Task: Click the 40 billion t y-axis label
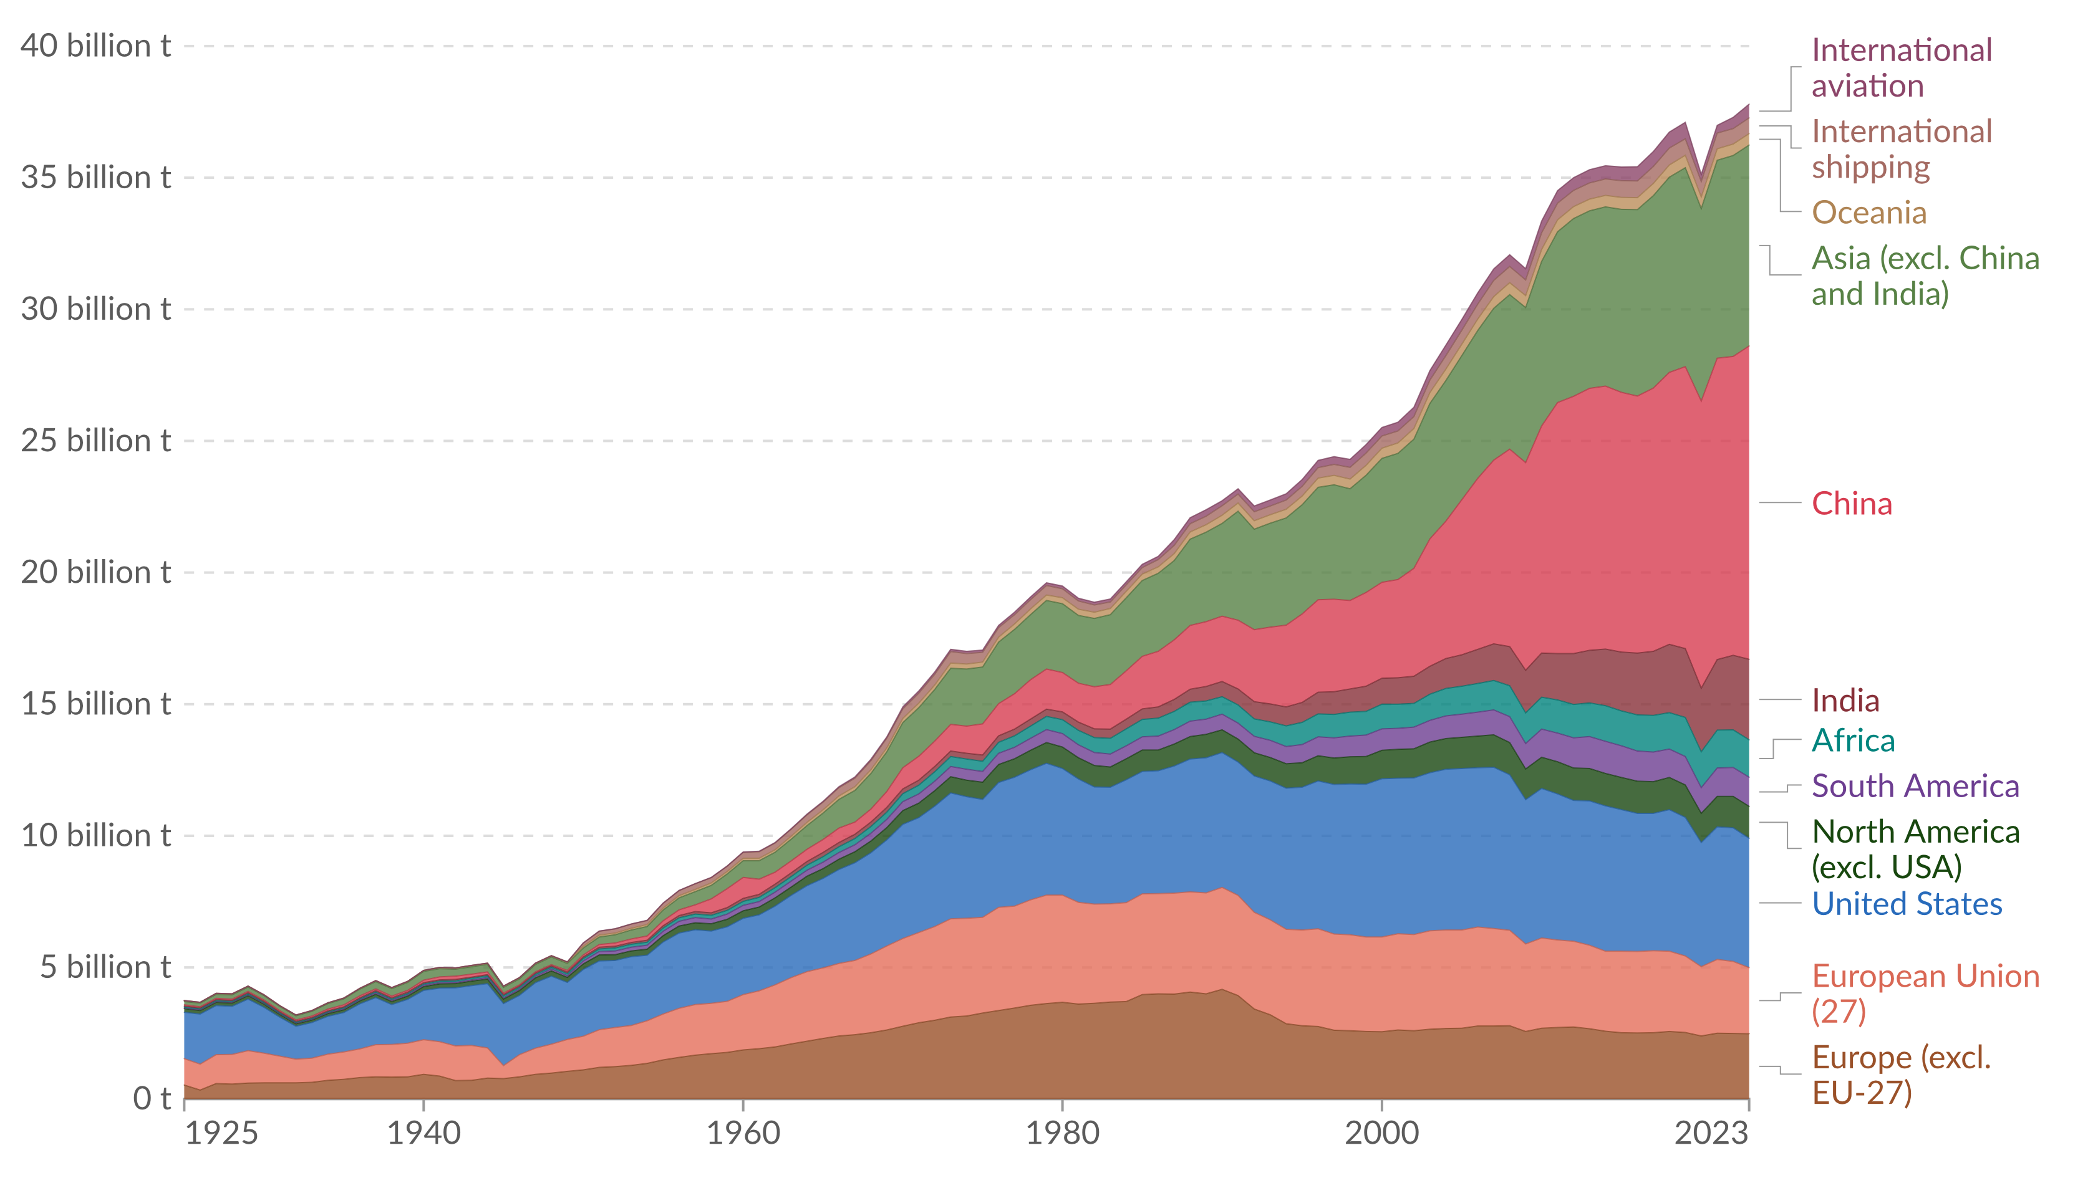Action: [x=95, y=46]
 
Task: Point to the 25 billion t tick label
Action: [x=95, y=441]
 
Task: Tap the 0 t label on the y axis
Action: [x=152, y=1099]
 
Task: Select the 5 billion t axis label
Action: [x=106, y=967]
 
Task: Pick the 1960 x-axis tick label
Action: [x=743, y=1133]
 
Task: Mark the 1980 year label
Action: [x=1062, y=1133]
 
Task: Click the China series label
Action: [x=1851, y=504]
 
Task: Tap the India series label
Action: [x=1845, y=700]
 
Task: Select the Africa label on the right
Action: [x=1853, y=741]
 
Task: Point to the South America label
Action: [x=1915, y=787]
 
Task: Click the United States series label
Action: [x=1907, y=904]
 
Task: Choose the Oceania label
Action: [x=1868, y=213]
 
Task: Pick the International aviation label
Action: [x=1901, y=69]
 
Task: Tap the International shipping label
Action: [x=1901, y=150]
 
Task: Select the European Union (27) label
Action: [x=1925, y=994]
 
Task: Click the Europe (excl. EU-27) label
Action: [x=1901, y=1075]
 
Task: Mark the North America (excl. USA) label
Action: [x=1915, y=849]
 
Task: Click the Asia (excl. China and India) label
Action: [x=1925, y=276]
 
